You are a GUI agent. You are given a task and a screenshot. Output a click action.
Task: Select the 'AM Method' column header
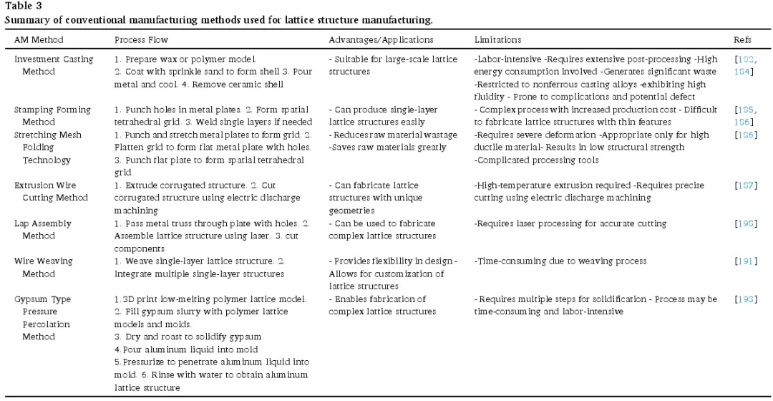point(39,39)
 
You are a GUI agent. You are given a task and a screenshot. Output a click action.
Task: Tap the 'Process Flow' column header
point(142,39)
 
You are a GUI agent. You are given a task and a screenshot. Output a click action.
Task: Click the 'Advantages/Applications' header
point(381,39)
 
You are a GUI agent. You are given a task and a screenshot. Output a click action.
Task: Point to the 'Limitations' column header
point(497,39)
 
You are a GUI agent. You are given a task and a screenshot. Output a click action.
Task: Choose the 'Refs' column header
point(742,39)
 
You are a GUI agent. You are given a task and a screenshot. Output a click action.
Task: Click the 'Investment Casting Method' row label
point(54,65)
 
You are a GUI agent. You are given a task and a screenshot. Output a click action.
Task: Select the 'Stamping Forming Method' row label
point(52,115)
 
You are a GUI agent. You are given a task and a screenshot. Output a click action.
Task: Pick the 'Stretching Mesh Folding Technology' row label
point(48,147)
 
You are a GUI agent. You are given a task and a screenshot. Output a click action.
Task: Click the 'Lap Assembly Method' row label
point(43,229)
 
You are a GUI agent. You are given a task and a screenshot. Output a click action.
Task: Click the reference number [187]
point(745,185)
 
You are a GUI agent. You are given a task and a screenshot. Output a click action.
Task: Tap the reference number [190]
point(745,223)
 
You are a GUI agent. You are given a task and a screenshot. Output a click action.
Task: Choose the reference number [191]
point(745,261)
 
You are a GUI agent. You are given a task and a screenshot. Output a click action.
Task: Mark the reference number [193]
point(745,299)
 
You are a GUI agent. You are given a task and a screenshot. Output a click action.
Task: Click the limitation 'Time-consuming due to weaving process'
point(560,261)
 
